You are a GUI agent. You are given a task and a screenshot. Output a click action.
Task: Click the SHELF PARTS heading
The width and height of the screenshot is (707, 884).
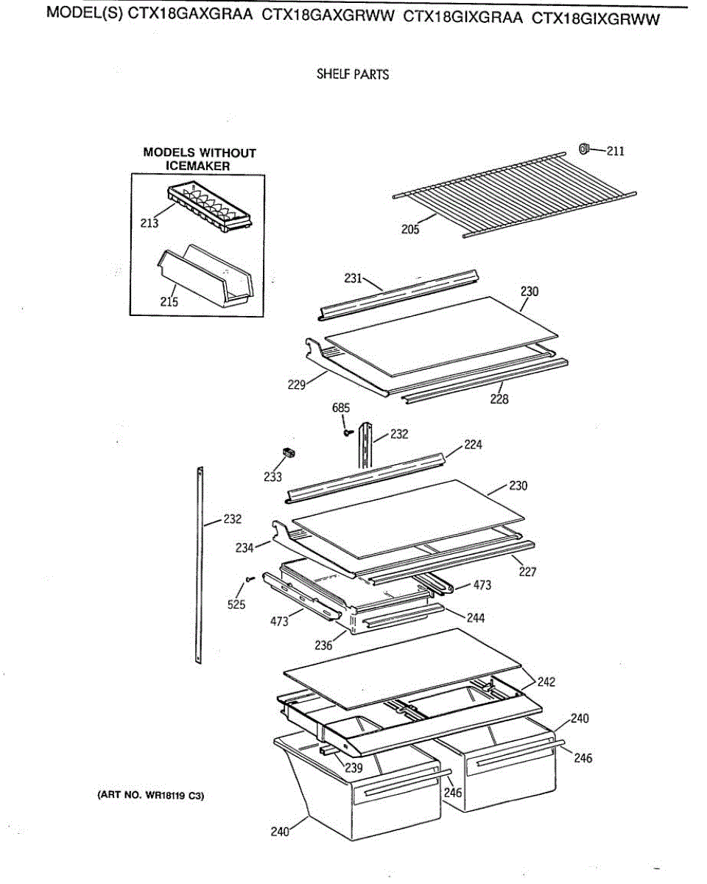tap(352, 74)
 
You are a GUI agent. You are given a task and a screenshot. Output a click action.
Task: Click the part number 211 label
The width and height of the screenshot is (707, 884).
tap(615, 152)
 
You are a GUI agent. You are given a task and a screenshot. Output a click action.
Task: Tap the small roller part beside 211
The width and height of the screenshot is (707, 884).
tap(585, 150)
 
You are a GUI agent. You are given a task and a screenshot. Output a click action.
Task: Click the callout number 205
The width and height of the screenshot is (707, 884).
tap(410, 230)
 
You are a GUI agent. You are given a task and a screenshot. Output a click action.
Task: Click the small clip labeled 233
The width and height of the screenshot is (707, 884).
tap(289, 452)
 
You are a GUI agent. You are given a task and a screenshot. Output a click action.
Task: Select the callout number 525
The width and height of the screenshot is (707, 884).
tap(236, 605)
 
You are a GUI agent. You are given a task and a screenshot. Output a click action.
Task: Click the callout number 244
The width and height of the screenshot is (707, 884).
tap(476, 618)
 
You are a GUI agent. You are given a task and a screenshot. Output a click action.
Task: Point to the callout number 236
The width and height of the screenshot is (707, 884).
tap(324, 645)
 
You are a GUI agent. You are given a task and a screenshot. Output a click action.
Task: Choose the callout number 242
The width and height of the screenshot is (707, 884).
tap(546, 682)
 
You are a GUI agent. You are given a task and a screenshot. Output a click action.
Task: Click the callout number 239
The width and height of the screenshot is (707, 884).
tap(353, 768)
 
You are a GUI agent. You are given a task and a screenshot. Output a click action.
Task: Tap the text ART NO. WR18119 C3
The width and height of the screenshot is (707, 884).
tap(150, 796)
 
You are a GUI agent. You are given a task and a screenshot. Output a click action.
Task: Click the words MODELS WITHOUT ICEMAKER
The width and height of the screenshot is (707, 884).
tap(199, 159)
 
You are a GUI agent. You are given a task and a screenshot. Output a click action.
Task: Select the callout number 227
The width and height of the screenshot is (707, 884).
tap(527, 571)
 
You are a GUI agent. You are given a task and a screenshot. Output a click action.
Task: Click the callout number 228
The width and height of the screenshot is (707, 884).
tap(499, 400)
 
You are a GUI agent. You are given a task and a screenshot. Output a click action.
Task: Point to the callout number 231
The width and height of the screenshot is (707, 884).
tap(353, 278)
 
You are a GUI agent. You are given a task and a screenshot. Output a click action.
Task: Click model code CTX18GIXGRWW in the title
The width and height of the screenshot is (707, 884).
tap(595, 18)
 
